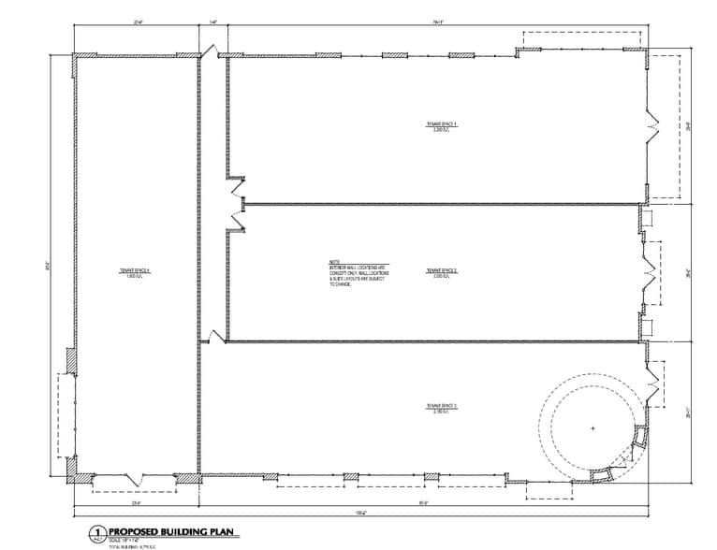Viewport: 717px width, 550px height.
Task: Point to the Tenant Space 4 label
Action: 134,272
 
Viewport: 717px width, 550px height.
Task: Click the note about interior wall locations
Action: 360,272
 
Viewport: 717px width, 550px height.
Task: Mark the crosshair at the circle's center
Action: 593,428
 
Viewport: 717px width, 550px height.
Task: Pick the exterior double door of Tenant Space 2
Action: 651,272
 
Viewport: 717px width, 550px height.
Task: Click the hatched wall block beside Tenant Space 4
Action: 71,359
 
